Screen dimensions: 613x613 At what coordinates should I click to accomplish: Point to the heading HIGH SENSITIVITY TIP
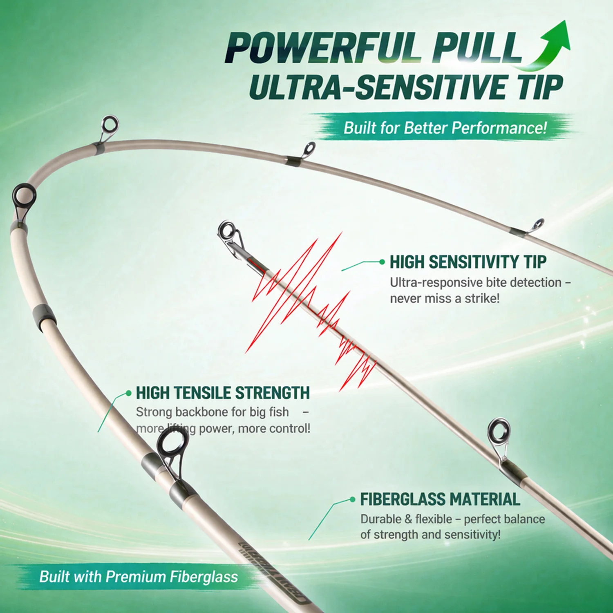[468, 262]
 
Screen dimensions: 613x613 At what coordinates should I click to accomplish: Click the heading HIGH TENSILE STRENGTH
[223, 393]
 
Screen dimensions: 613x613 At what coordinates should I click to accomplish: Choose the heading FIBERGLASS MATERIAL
[440, 499]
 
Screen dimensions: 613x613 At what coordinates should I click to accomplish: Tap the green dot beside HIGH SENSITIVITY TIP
[382, 262]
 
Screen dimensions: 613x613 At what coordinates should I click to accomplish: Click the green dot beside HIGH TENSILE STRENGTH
[129, 393]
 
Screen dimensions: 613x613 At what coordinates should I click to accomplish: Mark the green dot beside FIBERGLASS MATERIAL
[353, 499]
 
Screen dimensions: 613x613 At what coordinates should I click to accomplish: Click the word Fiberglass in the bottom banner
[204, 577]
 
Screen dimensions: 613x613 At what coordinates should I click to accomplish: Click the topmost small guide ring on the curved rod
[109, 124]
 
